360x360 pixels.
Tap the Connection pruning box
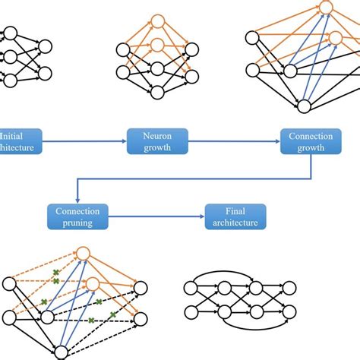click(x=78, y=216)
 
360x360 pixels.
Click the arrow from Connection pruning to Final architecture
click(x=156, y=216)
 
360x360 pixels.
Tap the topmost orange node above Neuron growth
click(x=157, y=21)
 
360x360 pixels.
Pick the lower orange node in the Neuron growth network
click(x=157, y=45)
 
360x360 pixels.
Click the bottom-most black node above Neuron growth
click(x=157, y=92)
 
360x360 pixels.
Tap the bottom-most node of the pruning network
click(x=60, y=351)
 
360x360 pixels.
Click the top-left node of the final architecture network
click(x=191, y=287)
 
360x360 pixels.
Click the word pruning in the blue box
click(x=78, y=223)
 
